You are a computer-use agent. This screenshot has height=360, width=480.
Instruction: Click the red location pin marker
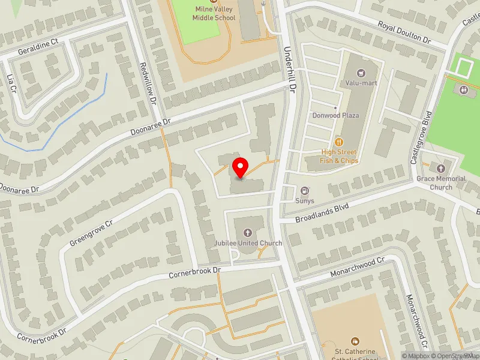click(x=241, y=167)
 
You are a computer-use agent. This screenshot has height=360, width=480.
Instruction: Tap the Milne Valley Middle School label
click(x=214, y=13)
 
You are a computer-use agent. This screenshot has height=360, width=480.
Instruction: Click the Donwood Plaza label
click(x=335, y=115)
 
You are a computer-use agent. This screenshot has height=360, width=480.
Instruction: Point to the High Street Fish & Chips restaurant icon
click(x=340, y=142)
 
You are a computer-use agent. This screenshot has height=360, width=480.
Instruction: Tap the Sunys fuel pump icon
click(x=305, y=191)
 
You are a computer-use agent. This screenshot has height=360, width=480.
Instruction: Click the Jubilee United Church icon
click(x=248, y=232)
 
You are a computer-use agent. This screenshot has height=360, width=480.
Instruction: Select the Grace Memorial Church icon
click(x=441, y=169)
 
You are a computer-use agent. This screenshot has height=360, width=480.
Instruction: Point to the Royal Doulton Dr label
click(x=404, y=33)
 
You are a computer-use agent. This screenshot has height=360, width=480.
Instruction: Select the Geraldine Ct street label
click(x=37, y=45)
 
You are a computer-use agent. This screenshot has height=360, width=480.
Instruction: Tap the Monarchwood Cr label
click(x=357, y=268)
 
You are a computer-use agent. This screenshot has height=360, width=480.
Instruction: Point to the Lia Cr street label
click(x=10, y=83)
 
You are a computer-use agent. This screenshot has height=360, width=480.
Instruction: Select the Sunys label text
click(x=305, y=201)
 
